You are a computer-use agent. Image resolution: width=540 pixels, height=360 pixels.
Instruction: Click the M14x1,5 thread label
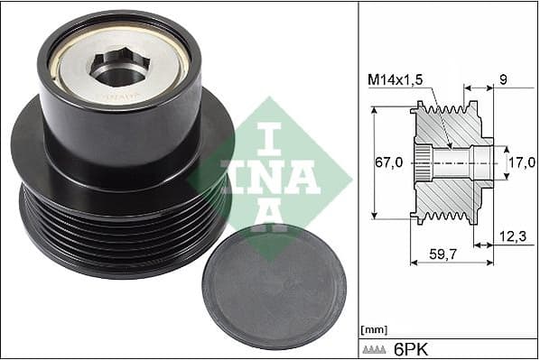(x=395, y=80)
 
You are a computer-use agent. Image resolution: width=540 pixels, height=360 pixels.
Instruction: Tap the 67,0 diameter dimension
(x=388, y=162)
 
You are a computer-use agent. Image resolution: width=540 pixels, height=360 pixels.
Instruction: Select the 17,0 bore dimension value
(x=523, y=162)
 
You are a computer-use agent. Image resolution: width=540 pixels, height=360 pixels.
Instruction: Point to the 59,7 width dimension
(x=442, y=254)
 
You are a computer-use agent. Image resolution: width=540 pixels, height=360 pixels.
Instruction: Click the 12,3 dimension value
(x=513, y=236)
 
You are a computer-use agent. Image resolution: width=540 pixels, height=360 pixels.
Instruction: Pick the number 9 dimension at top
(x=503, y=80)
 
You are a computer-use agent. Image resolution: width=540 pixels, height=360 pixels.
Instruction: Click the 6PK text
(x=411, y=350)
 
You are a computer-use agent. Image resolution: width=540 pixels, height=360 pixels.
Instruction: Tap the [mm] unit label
(x=374, y=329)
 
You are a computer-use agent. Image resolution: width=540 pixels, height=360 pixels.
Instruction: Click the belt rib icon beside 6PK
(x=374, y=350)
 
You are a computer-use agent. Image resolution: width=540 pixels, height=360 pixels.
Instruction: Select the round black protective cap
(x=275, y=288)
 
